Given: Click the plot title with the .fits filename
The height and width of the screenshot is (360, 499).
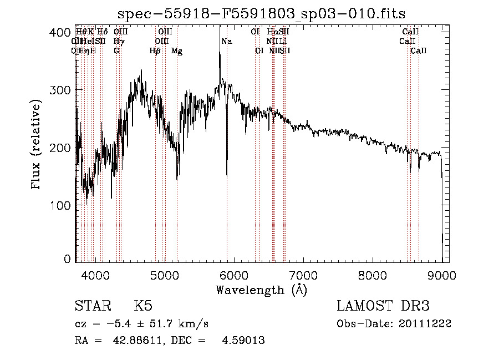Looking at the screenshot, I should pos(262,14).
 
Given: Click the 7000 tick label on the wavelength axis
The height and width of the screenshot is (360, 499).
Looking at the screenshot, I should pos(303,274).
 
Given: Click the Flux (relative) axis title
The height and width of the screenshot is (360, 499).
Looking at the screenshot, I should pos(37,145).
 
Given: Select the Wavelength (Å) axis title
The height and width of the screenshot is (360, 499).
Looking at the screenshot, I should pos(261,290).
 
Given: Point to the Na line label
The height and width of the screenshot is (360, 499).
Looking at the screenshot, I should pos(227,42).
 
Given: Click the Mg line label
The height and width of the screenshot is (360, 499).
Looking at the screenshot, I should pos(176,51).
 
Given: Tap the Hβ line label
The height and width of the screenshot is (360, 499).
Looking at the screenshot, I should pos(155,51).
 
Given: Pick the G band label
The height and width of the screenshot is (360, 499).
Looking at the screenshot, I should pos(116,51).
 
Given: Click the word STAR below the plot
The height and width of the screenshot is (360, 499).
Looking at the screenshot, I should pos(92,306).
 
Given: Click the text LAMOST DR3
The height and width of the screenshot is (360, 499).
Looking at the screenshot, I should pos(383,306).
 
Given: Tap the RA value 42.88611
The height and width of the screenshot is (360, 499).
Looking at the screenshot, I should pos(136,341).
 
